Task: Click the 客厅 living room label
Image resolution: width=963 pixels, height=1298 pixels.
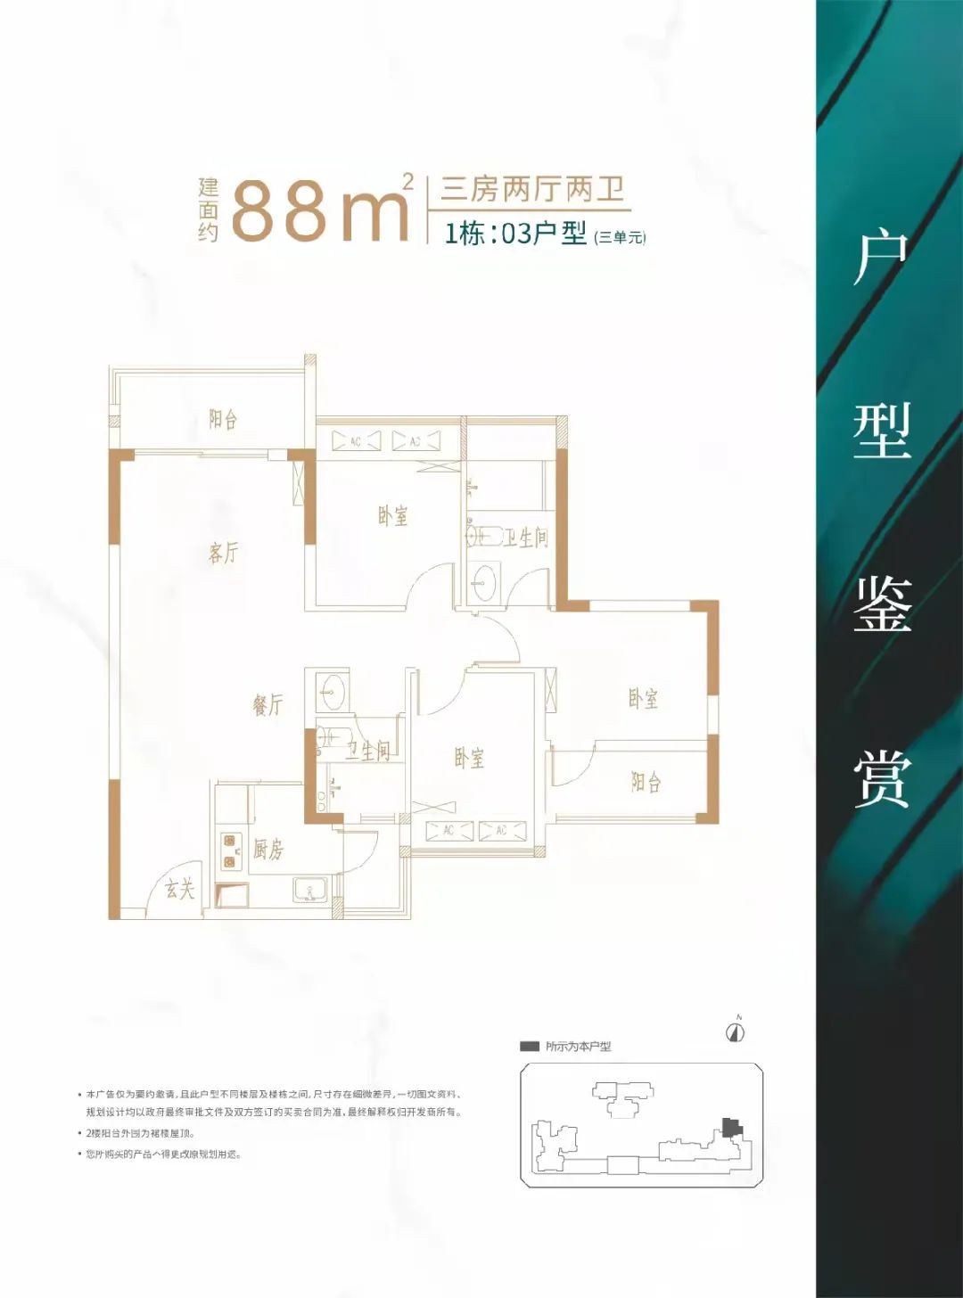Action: pos(223,553)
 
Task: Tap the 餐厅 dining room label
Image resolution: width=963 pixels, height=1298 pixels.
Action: pos(267,705)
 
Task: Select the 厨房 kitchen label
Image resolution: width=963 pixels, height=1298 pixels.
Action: pos(267,850)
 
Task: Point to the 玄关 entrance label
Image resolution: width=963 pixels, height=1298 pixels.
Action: pos(180,888)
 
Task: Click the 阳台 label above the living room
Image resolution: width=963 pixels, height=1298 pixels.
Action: pos(223,419)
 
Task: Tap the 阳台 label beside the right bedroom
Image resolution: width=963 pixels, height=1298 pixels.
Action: pos(646,783)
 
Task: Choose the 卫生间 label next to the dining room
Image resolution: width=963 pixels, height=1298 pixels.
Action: pos(368,751)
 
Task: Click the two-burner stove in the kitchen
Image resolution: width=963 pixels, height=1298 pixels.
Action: pos(232,850)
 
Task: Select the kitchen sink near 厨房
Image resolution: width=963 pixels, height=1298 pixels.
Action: pos(310,890)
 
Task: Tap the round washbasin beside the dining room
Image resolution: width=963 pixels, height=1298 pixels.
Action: pos(333,690)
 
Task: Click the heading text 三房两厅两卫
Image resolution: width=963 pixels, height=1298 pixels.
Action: pos(532,190)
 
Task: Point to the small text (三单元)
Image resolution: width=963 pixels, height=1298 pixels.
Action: pos(620,237)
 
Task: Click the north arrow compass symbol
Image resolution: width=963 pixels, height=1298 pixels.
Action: pos(736,1032)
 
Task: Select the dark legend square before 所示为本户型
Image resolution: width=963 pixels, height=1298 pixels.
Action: pos(530,1047)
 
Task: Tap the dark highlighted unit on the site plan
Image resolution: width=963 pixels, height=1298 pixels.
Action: pos(732,1127)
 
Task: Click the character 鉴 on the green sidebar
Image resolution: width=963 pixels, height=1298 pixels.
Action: pos(882,604)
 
